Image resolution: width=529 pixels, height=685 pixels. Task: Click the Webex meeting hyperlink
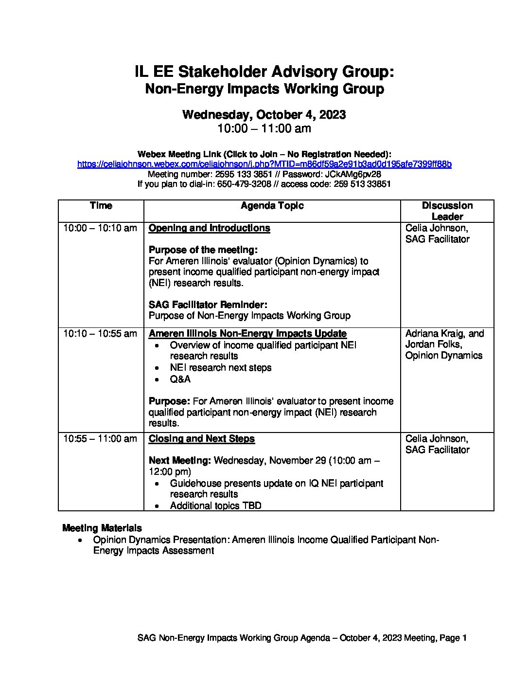(x=264, y=164)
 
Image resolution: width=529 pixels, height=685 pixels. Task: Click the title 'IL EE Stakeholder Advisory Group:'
(x=264, y=72)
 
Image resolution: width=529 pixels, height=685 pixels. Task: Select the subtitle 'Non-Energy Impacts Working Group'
(x=264, y=89)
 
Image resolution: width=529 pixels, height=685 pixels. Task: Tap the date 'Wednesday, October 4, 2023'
(x=264, y=115)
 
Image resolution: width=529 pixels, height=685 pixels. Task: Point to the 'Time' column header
(x=101, y=206)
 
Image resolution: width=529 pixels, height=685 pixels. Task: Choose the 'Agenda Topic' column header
(x=272, y=206)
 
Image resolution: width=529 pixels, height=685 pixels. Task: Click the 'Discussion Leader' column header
(x=447, y=211)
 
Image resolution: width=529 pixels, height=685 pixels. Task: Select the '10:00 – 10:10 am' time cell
(x=100, y=228)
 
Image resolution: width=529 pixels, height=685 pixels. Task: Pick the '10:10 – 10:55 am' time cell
(x=100, y=334)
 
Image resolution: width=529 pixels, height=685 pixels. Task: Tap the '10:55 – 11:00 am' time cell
(x=100, y=439)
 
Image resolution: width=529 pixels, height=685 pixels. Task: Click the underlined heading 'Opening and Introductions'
(x=209, y=228)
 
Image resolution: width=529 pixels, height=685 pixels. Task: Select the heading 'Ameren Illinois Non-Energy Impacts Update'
(x=247, y=334)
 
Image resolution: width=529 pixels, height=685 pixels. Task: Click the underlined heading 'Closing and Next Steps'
(x=201, y=439)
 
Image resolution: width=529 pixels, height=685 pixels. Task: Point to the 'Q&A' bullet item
(x=180, y=379)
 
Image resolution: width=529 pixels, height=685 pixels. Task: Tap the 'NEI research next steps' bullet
(x=220, y=368)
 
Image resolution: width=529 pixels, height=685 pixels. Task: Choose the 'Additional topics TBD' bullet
(x=215, y=505)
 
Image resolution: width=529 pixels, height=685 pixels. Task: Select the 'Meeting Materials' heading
(x=102, y=528)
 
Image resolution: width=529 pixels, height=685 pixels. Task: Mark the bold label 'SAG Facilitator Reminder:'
(x=208, y=305)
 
